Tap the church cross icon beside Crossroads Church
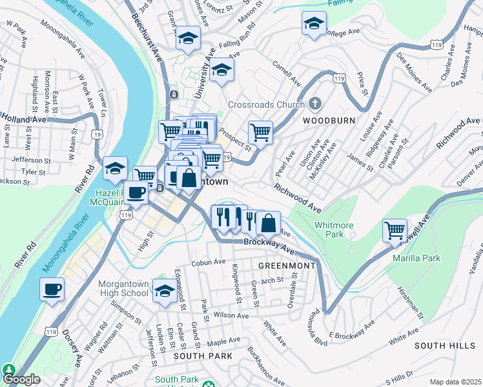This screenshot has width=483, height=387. click(315, 103)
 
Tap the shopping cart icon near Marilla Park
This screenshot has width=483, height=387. click(395, 230)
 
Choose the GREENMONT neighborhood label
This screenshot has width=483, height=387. click(287, 266)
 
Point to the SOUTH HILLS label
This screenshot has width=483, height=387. click(445, 346)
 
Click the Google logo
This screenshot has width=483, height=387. click(21, 379)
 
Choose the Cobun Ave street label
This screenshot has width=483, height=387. click(208, 263)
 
